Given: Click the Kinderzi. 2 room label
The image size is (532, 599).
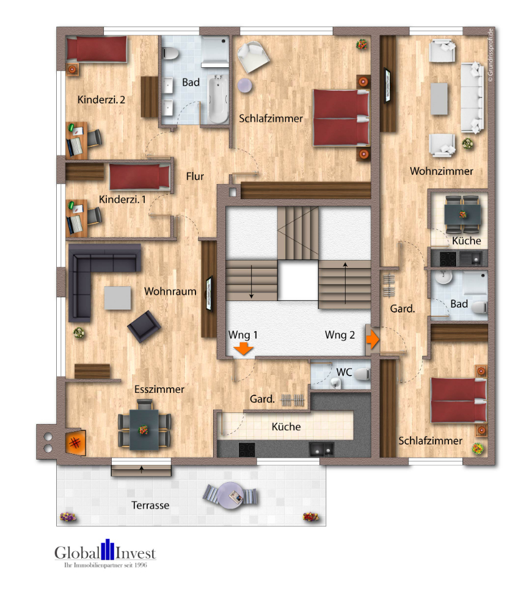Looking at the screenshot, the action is click(x=101, y=100).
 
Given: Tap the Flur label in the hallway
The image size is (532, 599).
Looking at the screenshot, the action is click(x=195, y=176).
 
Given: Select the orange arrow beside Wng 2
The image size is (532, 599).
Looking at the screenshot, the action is click(x=373, y=339).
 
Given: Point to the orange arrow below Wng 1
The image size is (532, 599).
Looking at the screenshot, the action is click(x=243, y=349).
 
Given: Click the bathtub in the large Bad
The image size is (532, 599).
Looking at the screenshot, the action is click(x=218, y=98).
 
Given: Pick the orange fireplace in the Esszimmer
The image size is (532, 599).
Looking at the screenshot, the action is click(x=75, y=442).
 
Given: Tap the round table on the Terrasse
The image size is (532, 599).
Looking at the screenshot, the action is click(x=231, y=496).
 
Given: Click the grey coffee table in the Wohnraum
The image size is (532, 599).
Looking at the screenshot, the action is click(x=118, y=297).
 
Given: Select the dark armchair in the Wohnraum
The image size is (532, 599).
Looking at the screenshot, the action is click(x=144, y=326).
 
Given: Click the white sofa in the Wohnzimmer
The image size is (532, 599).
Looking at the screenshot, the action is click(x=472, y=97).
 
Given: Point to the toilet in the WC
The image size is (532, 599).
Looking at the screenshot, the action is click(x=363, y=374).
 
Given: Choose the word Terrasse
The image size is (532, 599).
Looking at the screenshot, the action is click(x=150, y=505).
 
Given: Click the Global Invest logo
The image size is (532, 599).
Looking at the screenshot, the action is click(x=105, y=553).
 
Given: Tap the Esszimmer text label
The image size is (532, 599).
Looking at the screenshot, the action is click(x=159, y=389).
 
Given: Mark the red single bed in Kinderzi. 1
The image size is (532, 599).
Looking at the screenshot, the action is click(x=140, y=177).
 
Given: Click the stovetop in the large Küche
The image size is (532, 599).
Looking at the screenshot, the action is click(x=247, y=449).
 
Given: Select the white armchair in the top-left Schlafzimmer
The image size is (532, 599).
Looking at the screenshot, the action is click(x=253, y=57).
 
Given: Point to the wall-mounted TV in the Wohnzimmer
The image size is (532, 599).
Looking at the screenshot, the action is click(x=387, y=85).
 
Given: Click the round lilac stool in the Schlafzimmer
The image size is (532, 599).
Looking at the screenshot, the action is click(x=245, y=85).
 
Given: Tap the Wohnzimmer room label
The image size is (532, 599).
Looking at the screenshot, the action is click(x=442, y=171).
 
